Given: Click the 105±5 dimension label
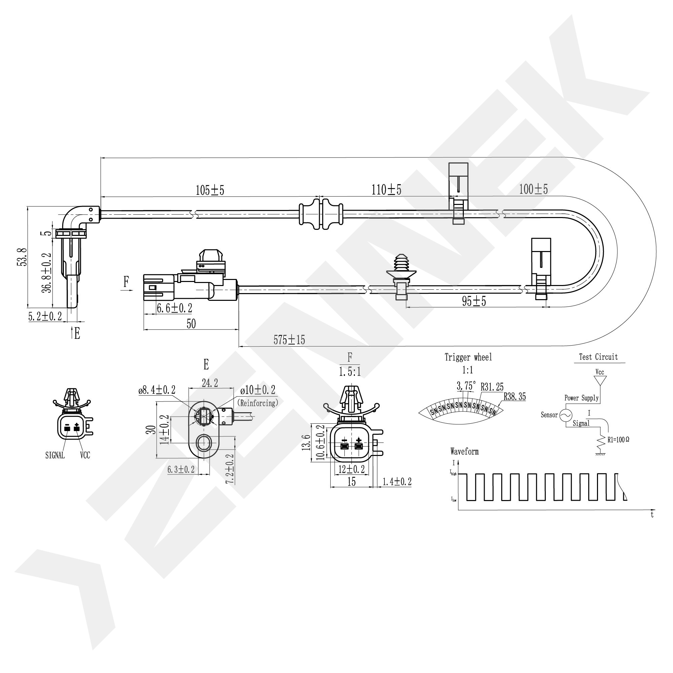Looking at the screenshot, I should (x=210, y=190).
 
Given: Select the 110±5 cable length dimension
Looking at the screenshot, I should (x=386, y=190).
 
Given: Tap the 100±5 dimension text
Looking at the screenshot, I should (x=533, y=189).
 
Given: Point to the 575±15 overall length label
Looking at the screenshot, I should (x=289, y=340).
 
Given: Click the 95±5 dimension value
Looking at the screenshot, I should (x=474, y=301).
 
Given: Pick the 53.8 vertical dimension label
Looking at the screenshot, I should (x=22, y=257).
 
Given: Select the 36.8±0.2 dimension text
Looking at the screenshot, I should (x=47, y=273).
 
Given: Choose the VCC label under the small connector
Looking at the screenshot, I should (x=85, y=455).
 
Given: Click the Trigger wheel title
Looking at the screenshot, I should (x=468, y=357).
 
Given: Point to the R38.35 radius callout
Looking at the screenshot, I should (x=515, y=397).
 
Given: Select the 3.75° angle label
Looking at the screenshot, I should (x=466, y=386).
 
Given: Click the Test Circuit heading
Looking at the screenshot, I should (x=598, y=357).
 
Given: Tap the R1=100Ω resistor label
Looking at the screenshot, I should (x=618, y=440).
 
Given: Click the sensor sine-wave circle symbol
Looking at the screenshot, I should (x=565, y=415).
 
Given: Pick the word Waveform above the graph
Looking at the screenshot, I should (x=464, y=452).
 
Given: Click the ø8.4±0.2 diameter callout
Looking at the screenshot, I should (x=157, y=390).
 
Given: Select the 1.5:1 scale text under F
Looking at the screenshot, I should (x=350, y=372).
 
